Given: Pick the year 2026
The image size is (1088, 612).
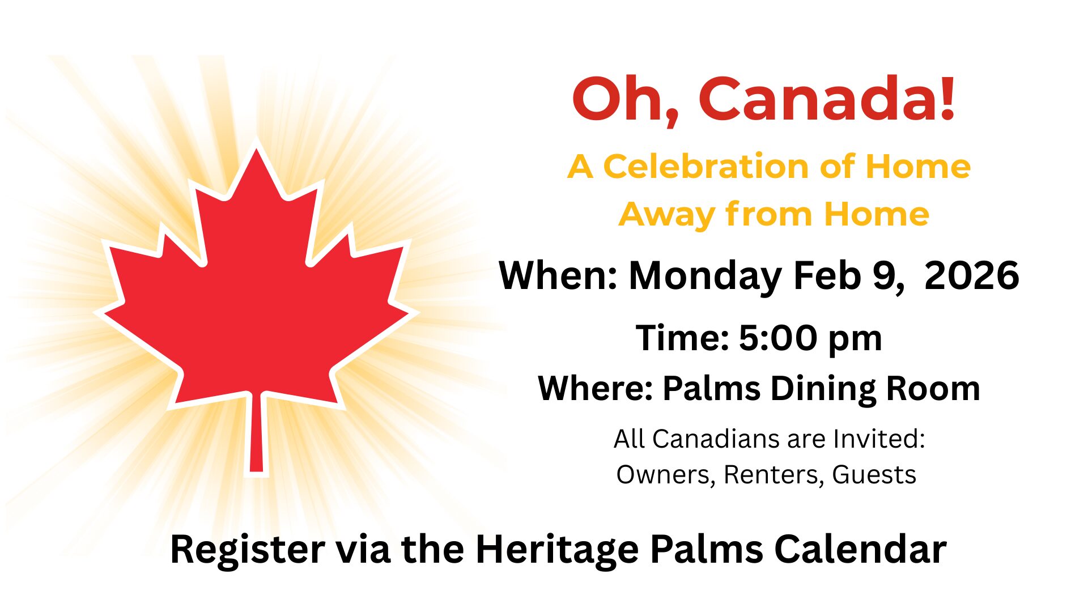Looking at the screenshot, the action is (x=971, y=276).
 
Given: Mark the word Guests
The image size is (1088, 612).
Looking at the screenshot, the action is (x=874, y=475).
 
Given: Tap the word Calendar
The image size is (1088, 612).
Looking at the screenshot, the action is (x=860, y=549).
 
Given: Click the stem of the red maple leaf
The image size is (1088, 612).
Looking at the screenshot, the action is (x=256, y=433).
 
